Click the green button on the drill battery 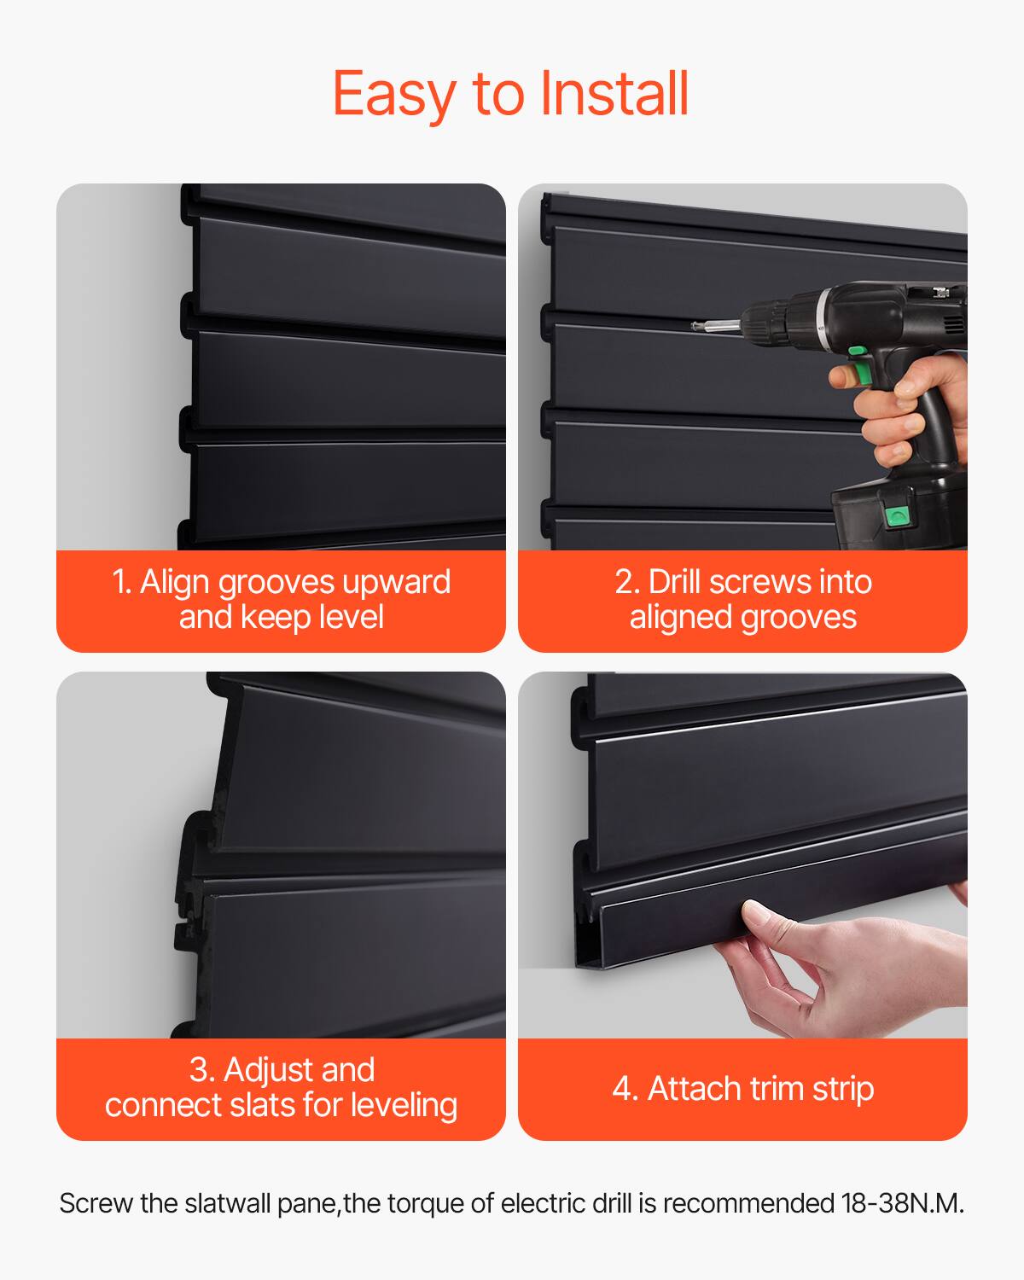[895, 515]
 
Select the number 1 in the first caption [120, 582]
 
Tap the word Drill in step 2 [674, 582]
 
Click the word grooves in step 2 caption [803, 617]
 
